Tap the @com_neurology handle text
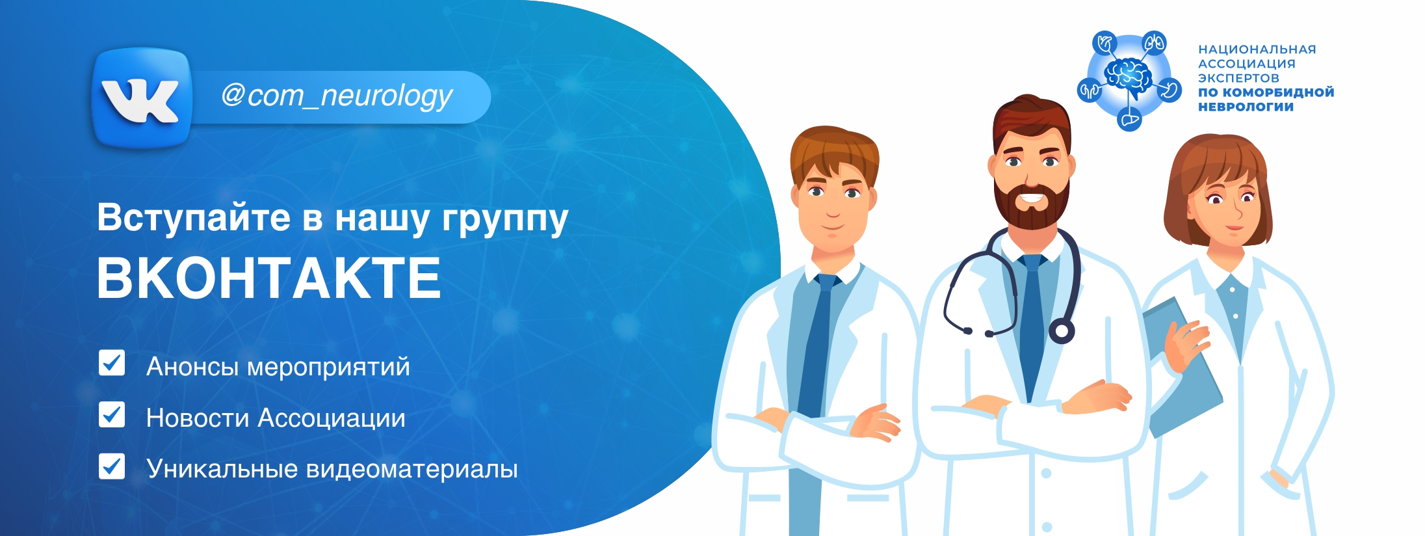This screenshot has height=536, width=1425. (337, 96)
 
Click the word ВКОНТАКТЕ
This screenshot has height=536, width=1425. (268, 278)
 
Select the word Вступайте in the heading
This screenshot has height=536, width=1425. (194, 217)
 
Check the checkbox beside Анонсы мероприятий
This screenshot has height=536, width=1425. (112, 363)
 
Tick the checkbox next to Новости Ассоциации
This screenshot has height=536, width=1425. (112, 414)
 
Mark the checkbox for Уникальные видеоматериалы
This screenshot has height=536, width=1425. (112, 466)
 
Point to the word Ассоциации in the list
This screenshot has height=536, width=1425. (332, 418)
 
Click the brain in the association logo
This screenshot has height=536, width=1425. (1129, 75)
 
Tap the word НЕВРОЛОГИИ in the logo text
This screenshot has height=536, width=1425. (1246, 107)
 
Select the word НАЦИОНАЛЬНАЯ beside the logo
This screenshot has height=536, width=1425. (1257, 49)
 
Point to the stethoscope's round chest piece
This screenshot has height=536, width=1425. (1061, 331)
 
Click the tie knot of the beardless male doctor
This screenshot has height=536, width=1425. (826, 282)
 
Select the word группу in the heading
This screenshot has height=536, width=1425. (505, 220)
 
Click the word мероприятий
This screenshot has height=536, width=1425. (329, 368)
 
